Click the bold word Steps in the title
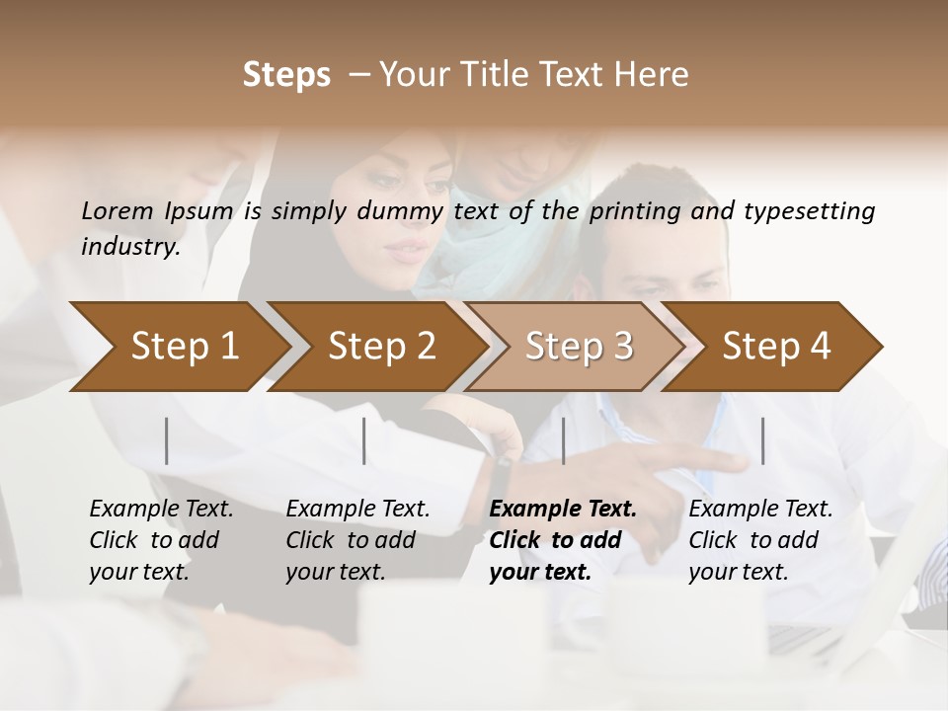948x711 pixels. pos(286,75)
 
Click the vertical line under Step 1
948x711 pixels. pos(167,440)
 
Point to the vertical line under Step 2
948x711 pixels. pos(364,440)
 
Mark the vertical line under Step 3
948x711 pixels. pos(563,440)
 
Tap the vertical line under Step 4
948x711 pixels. pos(762,440)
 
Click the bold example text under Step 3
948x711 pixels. pos(563,540)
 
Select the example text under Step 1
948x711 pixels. pos(161,540)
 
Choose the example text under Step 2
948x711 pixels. pos(357,540)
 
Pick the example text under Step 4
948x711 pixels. pos(760,540)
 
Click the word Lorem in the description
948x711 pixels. pos(118,210)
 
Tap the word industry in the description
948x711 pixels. pos(129,246)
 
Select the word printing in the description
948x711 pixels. pos(634,210)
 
